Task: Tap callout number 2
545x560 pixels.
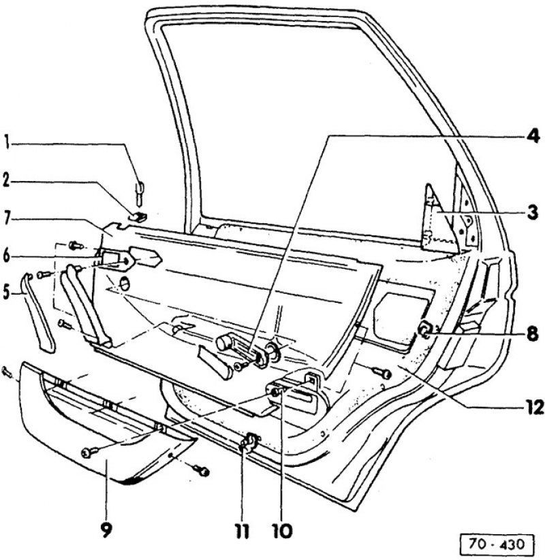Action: point(6,181)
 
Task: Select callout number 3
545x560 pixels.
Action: point(532,213)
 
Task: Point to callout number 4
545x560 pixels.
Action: point(532,136)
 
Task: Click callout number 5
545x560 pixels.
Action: point(6,293)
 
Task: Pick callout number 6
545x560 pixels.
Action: point(6,256)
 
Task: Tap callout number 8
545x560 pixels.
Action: point(532,335)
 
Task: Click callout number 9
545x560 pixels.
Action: point(106,529)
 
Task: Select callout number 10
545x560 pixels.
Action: point(282,531)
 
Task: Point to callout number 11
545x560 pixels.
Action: point(243,531)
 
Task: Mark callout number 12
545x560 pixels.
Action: point(533,407)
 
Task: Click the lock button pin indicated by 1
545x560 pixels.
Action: point(140,195)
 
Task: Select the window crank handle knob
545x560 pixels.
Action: point(225,343)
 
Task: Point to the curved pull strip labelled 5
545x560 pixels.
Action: point(39,313)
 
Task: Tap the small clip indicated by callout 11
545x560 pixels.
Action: point(249,441)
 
